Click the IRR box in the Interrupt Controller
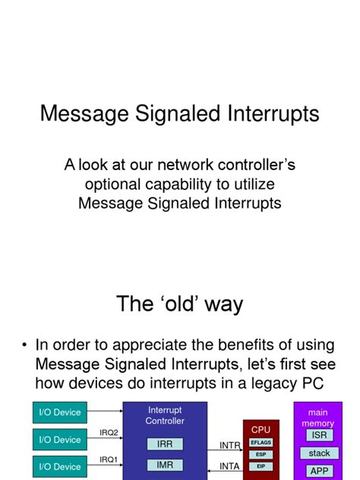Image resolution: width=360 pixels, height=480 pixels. pyautogui.click(x=165, y=444)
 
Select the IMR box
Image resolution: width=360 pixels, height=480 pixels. pyautogui.click(x=165, y=464)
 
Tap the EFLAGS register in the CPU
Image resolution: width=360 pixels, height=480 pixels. pyautogui.click(x=261, y=442)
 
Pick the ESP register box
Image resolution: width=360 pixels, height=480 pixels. pyautogui.click(x=261, y=454)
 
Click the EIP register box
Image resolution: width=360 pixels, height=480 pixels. pyautogui.click(x=261, y=466)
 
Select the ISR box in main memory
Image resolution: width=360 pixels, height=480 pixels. pyautogui.click(x=319, y=435)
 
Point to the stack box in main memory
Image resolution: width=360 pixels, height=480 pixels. pyautogui.click(x=319, y=453)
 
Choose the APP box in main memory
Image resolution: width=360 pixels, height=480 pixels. pyautogui.click(x=319, y=471)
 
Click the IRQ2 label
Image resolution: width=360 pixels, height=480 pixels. pyautogui.click(x=109, y=433)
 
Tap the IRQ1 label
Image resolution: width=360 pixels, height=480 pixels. pyautogui.click(x=109, y=459)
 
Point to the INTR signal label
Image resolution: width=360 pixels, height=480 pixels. pyautogui.click(x=230, y=445)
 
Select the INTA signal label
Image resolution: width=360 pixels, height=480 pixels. pyautogui.click(x=230, y=465)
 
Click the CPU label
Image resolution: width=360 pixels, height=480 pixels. pyautogui.click(x=261, y=430)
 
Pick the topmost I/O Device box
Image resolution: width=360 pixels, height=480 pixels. pyautogui.click(x=60, y=412)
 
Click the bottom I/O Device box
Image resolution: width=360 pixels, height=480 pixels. pyautogui.click(x=60, y=466)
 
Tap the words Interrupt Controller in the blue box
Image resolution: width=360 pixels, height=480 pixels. pyautogui.click(x=165, y=415)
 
